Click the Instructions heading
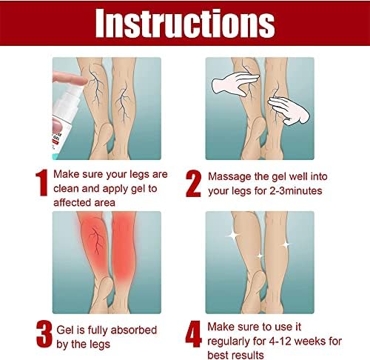(x=185, y=23)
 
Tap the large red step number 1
(x=41, y=182)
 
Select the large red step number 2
(x=194, y=184)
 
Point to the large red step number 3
(x=44, y=334)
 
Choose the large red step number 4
(x=194, y=334)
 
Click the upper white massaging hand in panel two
(x=235, y=84)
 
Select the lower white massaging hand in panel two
(x=289, y=110)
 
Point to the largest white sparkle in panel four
(x=233, y=235)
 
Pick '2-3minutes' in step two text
(x=295, y=191)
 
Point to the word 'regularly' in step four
(x=229, y=342)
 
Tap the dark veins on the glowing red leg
(x=97, y=240)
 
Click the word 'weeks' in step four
(x=310, y=341)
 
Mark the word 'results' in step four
(x=249, y=356)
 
